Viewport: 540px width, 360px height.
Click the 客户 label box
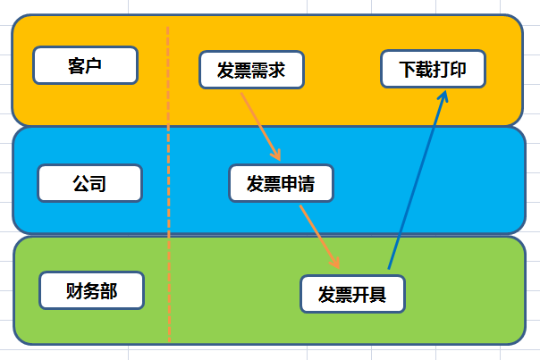coord(85,65)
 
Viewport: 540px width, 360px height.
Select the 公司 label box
coord(89,183)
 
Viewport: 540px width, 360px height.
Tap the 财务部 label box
coord(92,290)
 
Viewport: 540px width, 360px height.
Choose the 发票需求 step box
coord(250,71)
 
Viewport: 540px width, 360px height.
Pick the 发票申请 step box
coord(281,183)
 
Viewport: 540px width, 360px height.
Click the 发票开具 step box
coord(352,293)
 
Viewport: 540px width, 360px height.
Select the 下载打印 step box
coord(433,69)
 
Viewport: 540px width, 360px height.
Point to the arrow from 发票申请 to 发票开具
coord(318,234)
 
